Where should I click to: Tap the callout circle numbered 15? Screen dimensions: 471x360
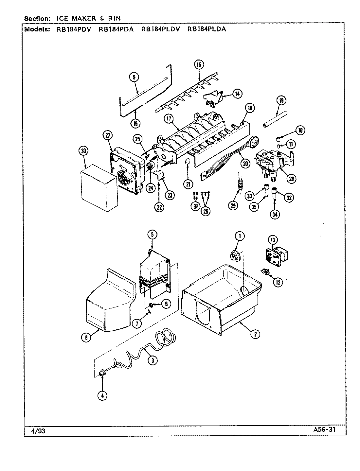(198, 64)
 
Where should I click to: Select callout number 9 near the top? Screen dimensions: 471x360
(134, 77)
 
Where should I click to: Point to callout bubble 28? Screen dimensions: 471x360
(291, 178)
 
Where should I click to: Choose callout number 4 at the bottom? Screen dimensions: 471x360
(102, 395)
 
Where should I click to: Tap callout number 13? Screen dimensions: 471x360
(273, 240)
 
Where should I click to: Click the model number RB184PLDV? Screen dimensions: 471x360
(160, 29)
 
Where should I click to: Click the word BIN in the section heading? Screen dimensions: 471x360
(114, 19)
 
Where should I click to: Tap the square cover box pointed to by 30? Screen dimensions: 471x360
(98, 188)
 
